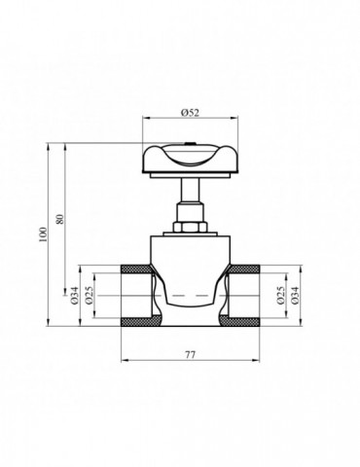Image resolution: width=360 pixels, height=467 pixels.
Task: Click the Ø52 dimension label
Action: click(190, 114)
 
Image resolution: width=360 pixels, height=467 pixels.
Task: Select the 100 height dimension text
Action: click(42, 239)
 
